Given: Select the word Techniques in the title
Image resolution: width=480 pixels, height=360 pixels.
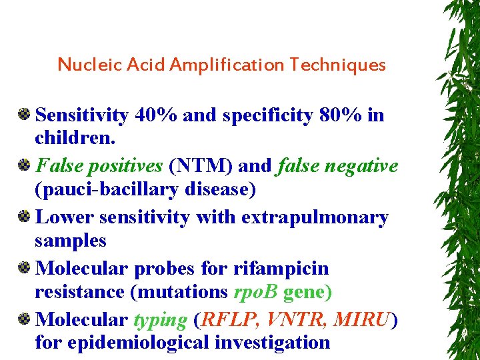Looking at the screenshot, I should coord(338,65).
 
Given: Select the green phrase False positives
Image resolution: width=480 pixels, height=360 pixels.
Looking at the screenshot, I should coord(99,165).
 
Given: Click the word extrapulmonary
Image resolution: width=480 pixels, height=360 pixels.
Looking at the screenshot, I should coord(315,217).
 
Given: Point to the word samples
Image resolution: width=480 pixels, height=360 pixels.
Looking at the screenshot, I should coord(71,241).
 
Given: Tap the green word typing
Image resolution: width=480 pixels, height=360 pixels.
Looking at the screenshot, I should coord(160,320).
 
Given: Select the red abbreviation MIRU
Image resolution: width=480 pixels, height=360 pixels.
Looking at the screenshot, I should coord(362,320).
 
